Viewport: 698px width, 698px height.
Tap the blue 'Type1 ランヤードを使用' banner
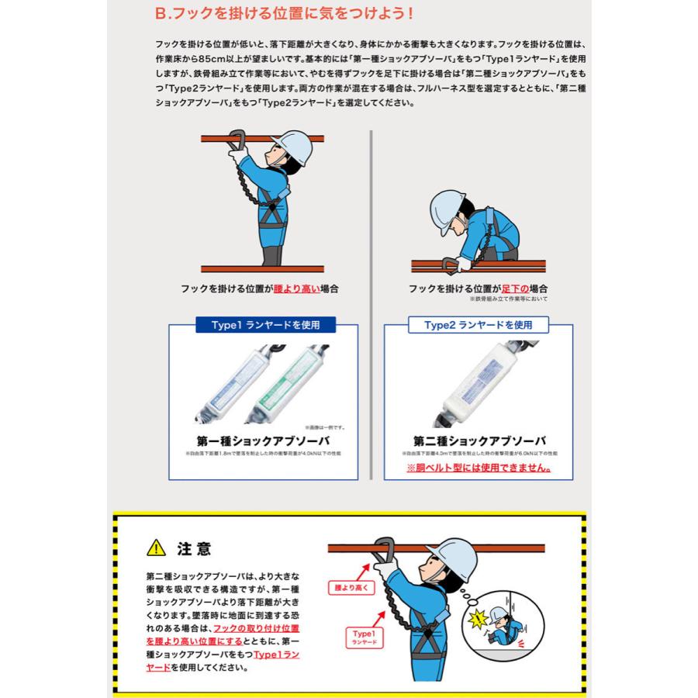tap(263, 325)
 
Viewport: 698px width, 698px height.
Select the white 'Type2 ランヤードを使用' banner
tap(479, 325)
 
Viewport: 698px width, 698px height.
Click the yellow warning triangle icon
tap(156, 549)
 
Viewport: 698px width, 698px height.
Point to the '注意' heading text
tap(194, 549)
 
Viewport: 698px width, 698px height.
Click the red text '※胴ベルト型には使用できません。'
tap(479, 468)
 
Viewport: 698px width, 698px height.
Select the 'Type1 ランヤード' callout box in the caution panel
tap(364, 638)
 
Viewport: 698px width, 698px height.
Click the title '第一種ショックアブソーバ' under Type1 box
tap(263, 441)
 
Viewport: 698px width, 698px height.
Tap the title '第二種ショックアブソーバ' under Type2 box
tap(479, 441)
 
